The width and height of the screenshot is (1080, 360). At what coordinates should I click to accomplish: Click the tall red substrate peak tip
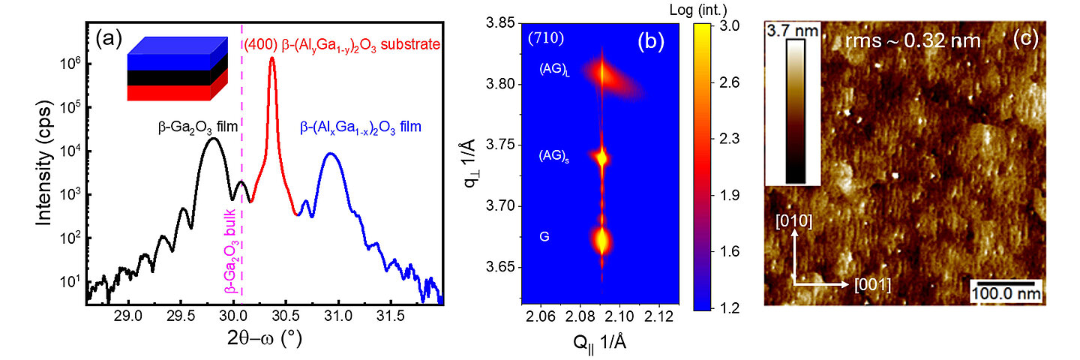[x=272, y=58]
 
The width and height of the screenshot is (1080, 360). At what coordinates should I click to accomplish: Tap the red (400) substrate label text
[x=342, y=46]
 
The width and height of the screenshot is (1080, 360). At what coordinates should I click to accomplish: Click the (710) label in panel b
[x=544, y=37]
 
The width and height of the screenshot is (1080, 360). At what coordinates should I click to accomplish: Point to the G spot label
[x=544, y=236]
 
